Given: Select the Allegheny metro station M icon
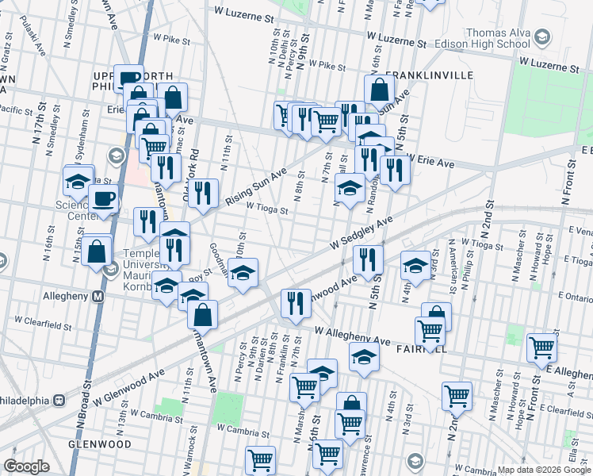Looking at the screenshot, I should pyautogui.click(x=99, y=296).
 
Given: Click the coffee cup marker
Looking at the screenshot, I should pyautogui.click(x=104, y=198).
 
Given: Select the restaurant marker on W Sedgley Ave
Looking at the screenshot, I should pyautogui.click(x=368, y=258).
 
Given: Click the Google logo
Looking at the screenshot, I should pyautogui.click(x=25, y=466).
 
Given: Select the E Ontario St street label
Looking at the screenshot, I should pyautogui.click(x=575, y=295).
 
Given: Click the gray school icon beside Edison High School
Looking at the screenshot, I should pyautogui.click(x=541, y=37).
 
